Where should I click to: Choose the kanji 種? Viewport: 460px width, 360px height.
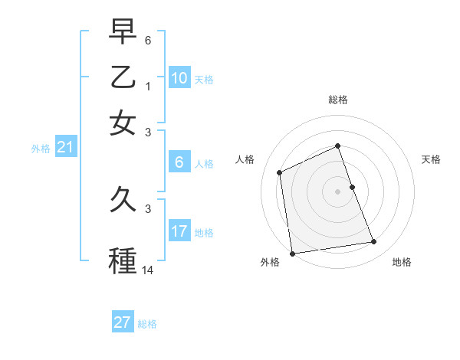[x=123, y=259]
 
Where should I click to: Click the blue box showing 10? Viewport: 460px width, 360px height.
[x=179, y=78]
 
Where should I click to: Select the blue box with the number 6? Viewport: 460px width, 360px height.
[x=179, y=162]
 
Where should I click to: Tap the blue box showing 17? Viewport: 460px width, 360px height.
[x=179, y=231]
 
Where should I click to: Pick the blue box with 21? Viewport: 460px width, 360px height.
[x=65, y=148]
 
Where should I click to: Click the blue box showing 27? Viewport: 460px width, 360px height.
[x=123, y=322]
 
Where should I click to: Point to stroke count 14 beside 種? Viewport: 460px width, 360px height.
[x=148, y=270]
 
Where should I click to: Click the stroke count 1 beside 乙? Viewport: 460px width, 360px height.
[x=148, y=87]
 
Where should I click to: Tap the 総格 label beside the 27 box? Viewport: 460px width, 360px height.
[x=147, y=324]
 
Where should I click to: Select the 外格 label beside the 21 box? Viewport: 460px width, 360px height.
[x=40, y=149]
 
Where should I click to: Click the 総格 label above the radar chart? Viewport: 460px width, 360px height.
[x=338, y=100]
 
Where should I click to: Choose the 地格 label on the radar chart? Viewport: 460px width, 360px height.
[x=402, y=263]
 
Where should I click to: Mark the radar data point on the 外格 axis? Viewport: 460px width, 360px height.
[x=292, y=254]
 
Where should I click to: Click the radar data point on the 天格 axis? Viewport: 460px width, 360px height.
[x=352, y=187]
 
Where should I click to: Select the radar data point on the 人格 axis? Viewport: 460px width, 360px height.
[x=280, y=172]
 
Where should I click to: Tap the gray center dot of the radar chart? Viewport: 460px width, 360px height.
[x=338, y=191]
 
